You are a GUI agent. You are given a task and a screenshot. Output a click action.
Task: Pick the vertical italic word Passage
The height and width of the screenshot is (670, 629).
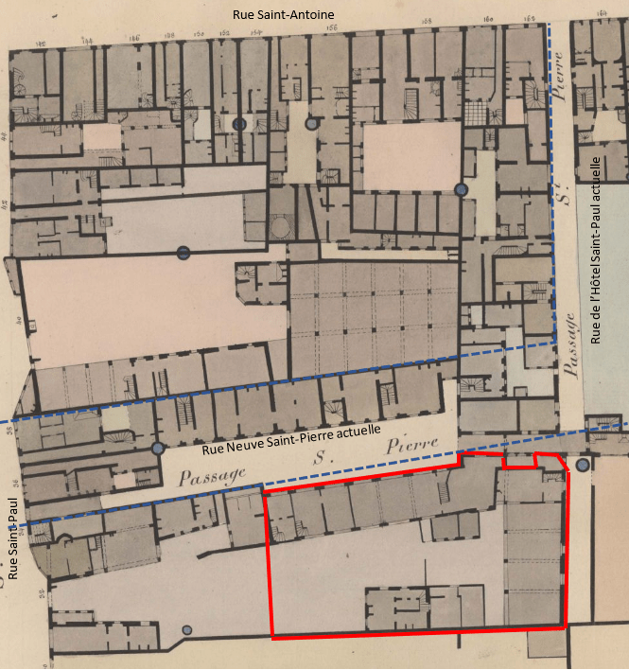[570, 344]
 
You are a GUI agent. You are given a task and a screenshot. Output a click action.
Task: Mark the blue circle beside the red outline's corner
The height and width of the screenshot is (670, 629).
[583, 465]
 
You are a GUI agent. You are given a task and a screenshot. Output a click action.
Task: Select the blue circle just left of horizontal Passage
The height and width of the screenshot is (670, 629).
[158, 449]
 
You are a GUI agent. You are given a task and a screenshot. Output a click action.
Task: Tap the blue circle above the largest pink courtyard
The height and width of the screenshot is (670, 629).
[183, 252]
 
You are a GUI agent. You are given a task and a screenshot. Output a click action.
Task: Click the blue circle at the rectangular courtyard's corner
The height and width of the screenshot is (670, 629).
[462, 190]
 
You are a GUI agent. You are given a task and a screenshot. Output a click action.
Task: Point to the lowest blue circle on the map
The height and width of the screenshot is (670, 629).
[187, 630]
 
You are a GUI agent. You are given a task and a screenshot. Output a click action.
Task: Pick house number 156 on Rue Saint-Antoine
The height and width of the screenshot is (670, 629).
[331, 29]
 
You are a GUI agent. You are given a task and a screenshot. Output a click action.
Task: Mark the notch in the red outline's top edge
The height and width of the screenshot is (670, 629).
[518, 461]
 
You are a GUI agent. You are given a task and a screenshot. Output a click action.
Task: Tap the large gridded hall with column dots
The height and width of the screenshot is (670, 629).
[373, 318]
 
